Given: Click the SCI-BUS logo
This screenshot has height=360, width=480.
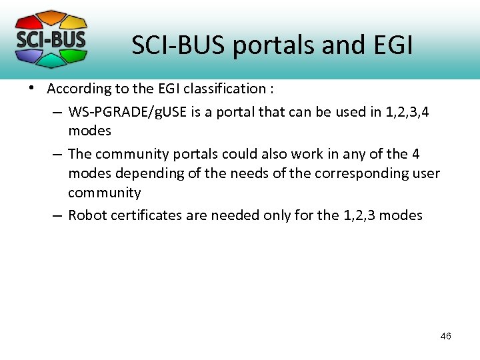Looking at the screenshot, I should pyautogui.click(x=51, y=39).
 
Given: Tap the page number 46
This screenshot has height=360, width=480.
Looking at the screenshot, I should pyautogui.click(x=445, y=336).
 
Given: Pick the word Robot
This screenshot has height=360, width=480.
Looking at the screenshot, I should pyautogui.click(x=88, y=215).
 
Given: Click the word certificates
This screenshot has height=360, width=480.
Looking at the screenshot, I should pyautogui.click(x=145, y=215).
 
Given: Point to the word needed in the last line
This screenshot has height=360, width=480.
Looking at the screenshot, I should pyautogui.click(x=234, y=215).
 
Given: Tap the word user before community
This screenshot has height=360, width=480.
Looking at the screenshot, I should pyautogui.click(x=427, y=173).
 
